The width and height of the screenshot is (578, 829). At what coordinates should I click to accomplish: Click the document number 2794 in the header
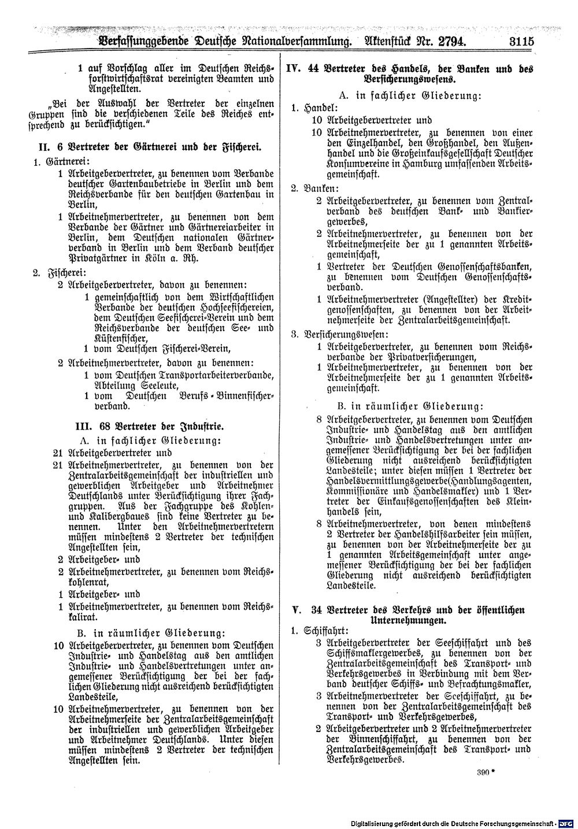(x=447, y=42)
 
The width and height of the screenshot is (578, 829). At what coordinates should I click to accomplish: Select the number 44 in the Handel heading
(x=314, y=68)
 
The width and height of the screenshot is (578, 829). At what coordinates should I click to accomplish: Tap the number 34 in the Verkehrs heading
(x=316, y=609)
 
